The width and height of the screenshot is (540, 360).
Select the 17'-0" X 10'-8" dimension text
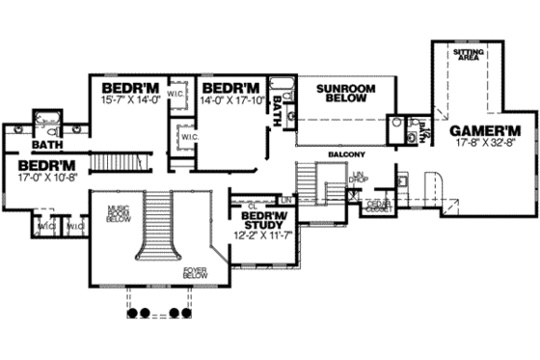tap(47, 178)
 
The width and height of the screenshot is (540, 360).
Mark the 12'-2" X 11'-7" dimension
tap(257, 233)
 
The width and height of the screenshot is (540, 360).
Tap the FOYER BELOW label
tap(196, 276)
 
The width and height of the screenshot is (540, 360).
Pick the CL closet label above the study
tap(251, 205)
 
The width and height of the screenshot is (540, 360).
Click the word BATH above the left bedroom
tap(47, 146)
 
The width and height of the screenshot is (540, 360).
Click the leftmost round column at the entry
tap(132, 313)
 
